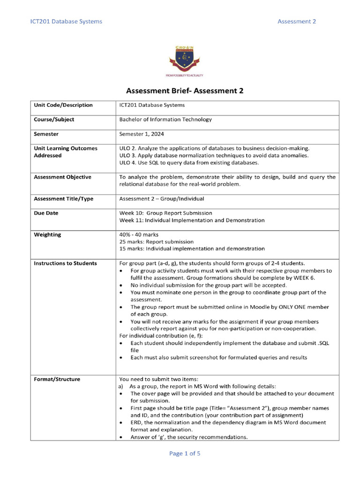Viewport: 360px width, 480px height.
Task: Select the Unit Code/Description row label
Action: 63,105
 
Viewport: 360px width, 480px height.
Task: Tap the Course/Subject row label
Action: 54,120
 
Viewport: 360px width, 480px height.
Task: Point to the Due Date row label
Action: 46,213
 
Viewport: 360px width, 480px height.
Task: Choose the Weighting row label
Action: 47,234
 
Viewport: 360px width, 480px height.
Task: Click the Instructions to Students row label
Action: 65,263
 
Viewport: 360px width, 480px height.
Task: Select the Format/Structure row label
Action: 57,379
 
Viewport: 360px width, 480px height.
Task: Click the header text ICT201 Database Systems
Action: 66,22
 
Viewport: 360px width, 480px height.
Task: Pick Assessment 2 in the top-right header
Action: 297,22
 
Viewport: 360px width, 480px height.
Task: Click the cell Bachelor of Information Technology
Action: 165,120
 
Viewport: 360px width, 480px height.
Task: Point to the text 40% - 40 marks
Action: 139,234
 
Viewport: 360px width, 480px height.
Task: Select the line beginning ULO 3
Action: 214,155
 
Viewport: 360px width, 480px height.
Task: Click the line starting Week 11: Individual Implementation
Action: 192,220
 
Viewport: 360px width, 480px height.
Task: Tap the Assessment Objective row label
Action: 63,177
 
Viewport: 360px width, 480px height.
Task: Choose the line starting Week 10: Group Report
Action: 165,213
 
